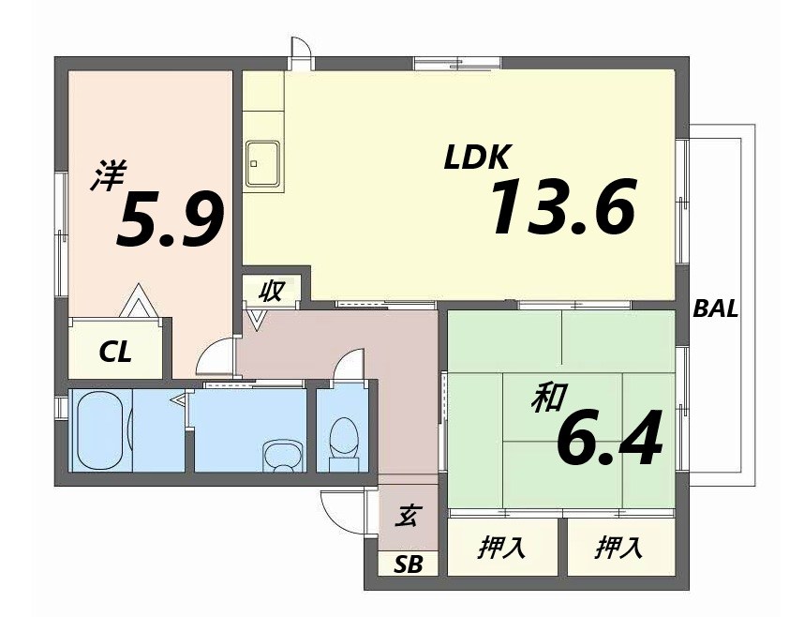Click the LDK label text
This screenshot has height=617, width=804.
tap(477, 158)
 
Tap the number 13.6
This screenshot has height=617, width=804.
tap(564, 207)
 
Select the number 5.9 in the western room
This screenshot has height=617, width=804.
tap(170, 219)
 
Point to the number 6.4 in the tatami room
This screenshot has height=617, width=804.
tap(609, 438)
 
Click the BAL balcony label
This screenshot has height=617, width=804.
tap(715, 308)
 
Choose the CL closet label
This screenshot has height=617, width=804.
tap(115, 353)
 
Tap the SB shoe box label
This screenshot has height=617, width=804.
tap(409, 564)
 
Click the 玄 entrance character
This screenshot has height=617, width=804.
tap(409, 517)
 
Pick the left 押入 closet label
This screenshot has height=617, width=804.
tap(501, 548)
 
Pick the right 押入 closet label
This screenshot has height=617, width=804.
tap(619, 548)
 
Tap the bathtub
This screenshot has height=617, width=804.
tap(100, 429)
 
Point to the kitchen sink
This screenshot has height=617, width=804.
tap(263, 163)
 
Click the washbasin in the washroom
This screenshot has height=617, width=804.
tap(282, 455)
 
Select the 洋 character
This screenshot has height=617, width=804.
tap(109, 175)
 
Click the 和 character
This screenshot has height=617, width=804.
tap(548, 398)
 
